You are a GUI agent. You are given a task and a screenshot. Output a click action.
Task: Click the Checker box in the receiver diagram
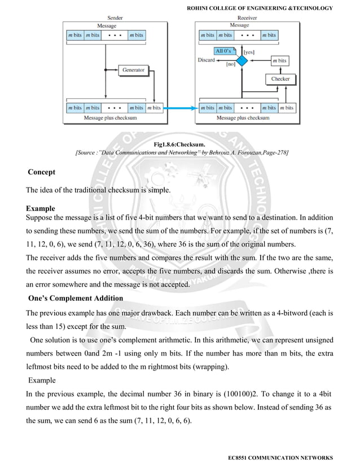pyautogui.click(x=280, y=79)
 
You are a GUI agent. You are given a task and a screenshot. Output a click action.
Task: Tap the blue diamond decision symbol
pyautogui.click(x=242, y=60)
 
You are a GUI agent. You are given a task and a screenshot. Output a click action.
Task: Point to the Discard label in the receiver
pyautogui.click(x=207, y=60)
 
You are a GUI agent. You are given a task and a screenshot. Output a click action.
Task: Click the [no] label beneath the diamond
pyautogui.click(x=230, y=65)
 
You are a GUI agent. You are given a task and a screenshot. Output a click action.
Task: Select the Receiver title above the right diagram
pyautogui.click(x=241, y=18)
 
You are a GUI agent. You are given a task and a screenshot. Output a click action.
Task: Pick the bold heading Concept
pyautogui.click(x=42, y=172)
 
